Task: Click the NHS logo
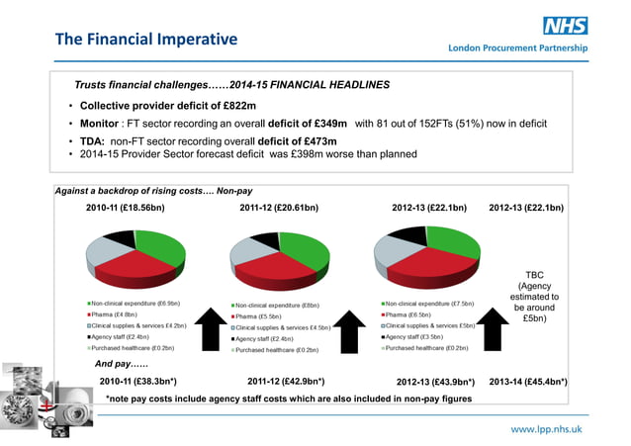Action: pos(566,27)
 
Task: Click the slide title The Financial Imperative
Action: pos(146,40)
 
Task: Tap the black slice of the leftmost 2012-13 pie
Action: pos(409,236)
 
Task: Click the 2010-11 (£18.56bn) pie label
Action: pos(125,209)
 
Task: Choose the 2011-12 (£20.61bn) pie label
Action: pos(279,209)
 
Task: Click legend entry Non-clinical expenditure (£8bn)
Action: pos(276,306)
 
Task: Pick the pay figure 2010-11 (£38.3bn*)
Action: pos(137,380)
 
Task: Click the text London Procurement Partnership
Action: pos(517,47)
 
